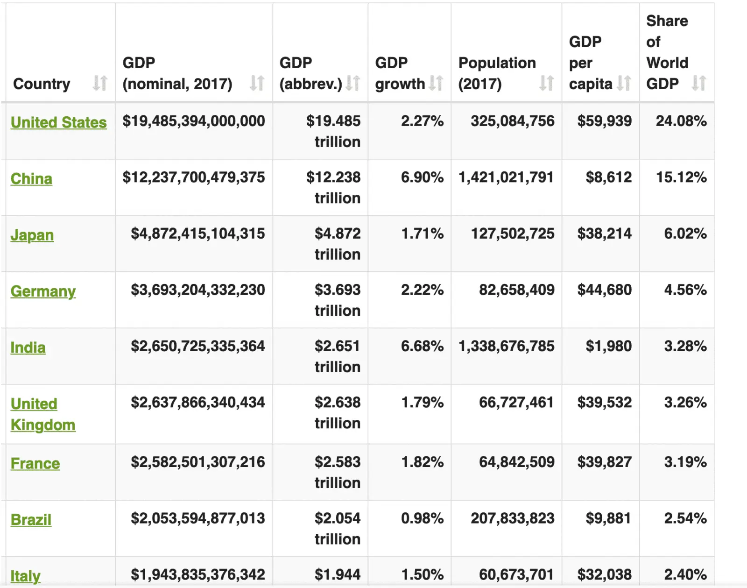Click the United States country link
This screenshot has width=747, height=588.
58,122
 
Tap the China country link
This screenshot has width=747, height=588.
31,179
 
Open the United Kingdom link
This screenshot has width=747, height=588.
42,414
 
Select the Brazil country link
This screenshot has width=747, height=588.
31,520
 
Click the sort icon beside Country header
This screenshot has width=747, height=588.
100,83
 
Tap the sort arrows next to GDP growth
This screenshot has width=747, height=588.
436,83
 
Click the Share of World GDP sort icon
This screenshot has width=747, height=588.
699,83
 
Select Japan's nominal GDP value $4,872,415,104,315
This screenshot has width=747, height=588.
197,234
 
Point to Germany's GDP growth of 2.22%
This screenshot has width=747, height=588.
422,290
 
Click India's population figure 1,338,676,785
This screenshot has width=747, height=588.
506,346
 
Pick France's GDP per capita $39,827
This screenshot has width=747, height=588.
604,462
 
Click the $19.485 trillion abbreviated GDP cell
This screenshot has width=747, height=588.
333,131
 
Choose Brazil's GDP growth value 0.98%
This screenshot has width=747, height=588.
422,518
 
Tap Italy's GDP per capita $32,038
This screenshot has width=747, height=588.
604,574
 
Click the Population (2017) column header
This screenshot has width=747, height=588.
497,73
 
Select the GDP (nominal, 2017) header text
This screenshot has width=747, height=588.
177,73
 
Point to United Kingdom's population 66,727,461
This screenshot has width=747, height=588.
516,403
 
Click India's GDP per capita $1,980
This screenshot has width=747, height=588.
608,346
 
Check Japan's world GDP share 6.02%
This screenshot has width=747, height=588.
685,234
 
